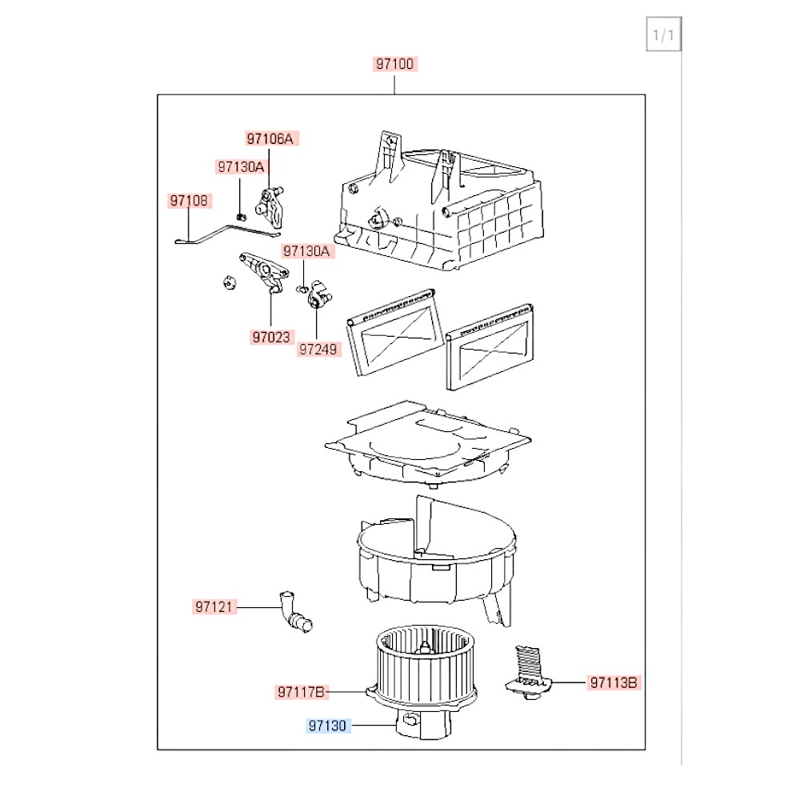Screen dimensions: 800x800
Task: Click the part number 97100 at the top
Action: pos(394,64)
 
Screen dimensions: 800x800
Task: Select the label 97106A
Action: pos(270,138)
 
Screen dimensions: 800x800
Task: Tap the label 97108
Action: pos(189,201)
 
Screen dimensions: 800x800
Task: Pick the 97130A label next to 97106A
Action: pos(241,166)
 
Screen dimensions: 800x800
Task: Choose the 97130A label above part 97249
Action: pos(306,250)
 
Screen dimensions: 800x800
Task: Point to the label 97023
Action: pos(271,337)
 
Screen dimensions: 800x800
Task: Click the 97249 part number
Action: pos(318,349)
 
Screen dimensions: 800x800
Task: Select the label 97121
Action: pos(214,606)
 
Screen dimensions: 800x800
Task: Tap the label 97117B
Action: pos(301,692)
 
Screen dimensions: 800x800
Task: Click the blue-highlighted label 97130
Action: pos(327,725)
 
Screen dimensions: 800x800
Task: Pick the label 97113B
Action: pos(614,682)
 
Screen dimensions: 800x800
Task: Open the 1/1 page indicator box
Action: pos(663,34)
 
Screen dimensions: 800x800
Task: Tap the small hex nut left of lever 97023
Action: pos(230,282)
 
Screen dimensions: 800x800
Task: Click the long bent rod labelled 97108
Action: pos(227,234)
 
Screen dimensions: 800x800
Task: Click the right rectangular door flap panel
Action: pos(490,347)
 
